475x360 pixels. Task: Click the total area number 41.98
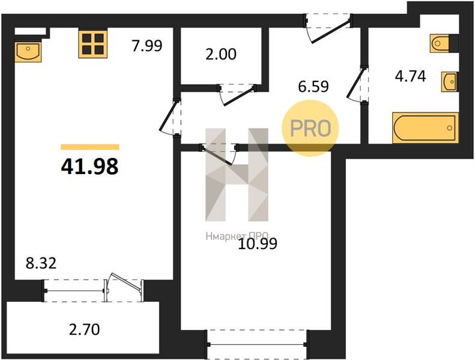89,167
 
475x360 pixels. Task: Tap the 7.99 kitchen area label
147,46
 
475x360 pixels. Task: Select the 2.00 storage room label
221,54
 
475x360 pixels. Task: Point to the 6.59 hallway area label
313,86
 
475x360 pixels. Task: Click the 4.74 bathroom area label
411,76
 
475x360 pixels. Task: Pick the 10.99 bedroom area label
258,244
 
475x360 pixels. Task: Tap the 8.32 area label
41,263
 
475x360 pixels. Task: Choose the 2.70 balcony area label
84,329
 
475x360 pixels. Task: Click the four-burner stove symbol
93,44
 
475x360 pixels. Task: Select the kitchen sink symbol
28,52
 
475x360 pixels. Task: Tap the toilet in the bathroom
439,44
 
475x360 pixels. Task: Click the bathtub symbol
425,128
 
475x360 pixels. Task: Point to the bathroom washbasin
450,82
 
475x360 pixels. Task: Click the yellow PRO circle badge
310,128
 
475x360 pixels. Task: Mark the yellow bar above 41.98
90,147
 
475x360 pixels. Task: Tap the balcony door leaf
125,283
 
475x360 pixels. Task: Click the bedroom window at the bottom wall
258,344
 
